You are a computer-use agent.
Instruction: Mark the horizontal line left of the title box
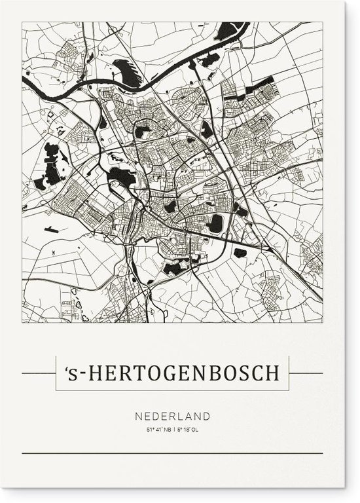click(x=37, y=373)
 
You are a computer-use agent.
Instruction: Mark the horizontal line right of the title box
click(x=307, y=373)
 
